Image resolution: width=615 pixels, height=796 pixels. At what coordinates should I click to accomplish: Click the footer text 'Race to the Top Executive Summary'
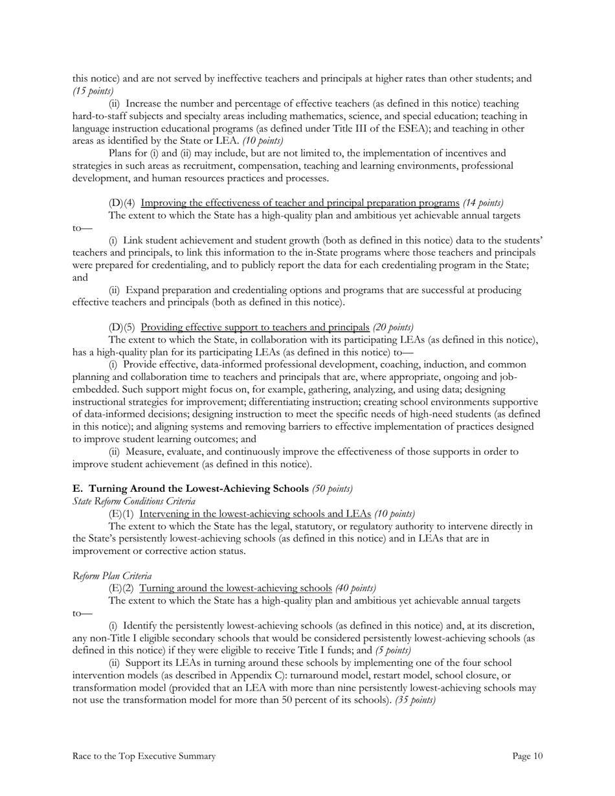[144, 756]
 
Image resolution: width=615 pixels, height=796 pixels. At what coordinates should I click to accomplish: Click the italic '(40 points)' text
[355, 588]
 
